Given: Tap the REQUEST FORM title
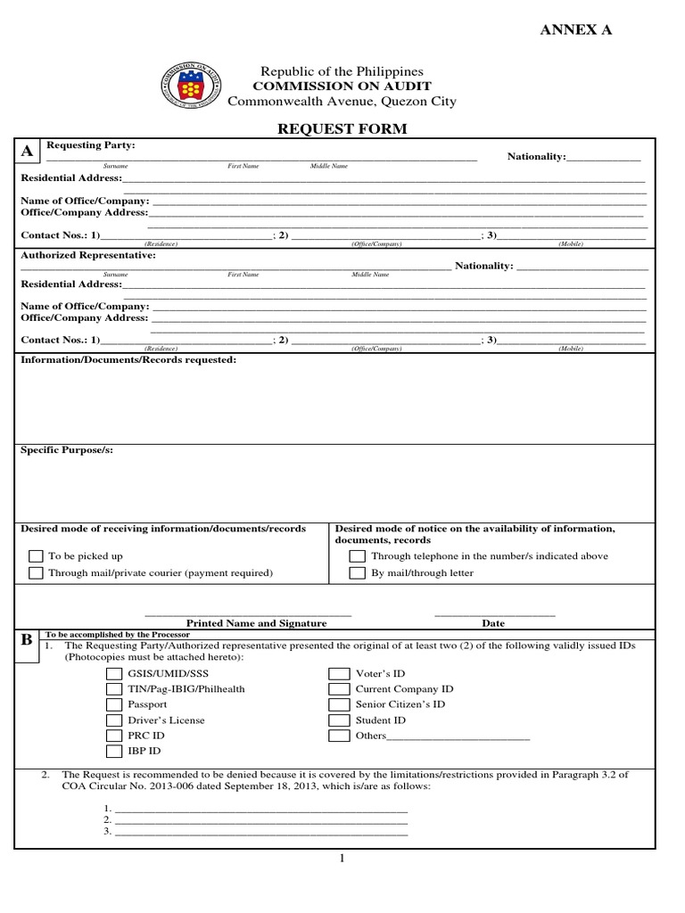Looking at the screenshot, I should pyautogui.click(x=342, y=129).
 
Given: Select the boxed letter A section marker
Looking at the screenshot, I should pyautogui.click(x=28, y=152).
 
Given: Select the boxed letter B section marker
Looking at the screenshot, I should pyautogui.click(x=28, y=640).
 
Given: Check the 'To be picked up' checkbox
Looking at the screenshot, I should pyautogui.click(x=36, y=556).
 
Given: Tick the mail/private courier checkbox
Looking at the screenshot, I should pyautogui.click(x=36, y=573).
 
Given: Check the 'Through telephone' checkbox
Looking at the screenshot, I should pyautogui.click(x=357, y=556).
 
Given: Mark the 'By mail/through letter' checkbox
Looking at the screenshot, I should pyautogui.click(x=357, y=573).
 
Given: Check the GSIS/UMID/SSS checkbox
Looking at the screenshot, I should pyautogui.click(x=114, y=674).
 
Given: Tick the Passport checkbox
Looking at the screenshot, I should pyautogui.click(x=114, y=704).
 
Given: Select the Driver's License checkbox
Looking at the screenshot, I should pyautogui.click(x=114, y=720).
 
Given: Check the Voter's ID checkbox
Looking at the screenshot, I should pyautogui.click(x=339, y=674).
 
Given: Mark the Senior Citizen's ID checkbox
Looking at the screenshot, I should pyautogui.click(x=339, y=704).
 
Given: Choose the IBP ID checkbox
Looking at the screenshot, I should pyautogui.click(x=114, y=752).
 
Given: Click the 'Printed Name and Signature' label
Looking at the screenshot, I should pyautogui.click(x=256, y=623).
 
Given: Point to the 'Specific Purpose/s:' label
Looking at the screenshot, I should pyautogui.click(x=67, y=450).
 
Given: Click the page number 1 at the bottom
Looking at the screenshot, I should pyautogui.click(x=342, y=859).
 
